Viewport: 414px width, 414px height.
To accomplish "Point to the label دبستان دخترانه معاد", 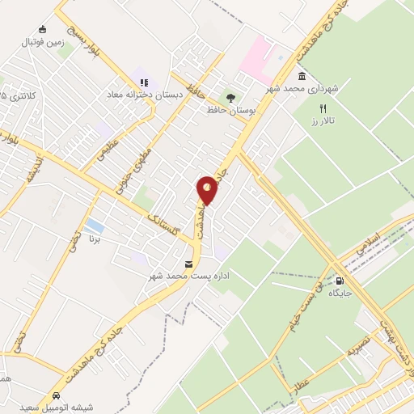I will (x=144, y=95).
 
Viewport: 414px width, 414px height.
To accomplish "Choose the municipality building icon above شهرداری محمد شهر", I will (x=302, y=76).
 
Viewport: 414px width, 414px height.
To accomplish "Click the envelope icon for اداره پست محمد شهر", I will (x=189, y=264).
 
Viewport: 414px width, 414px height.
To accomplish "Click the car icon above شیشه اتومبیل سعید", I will (x=57, y=395).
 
